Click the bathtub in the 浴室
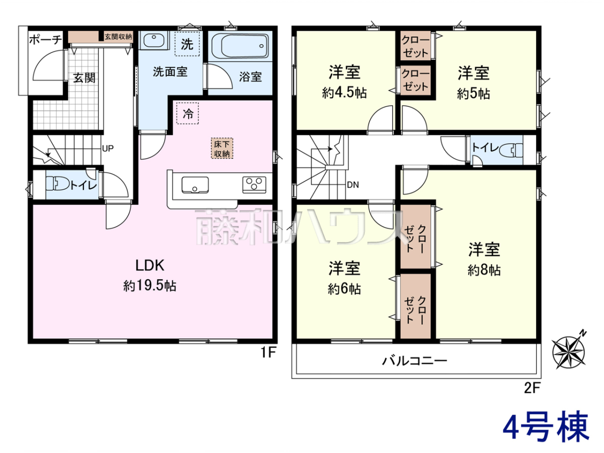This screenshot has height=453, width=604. click(240, 46)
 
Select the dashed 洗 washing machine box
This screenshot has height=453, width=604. click(187, 44)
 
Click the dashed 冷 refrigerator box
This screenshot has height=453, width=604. click(188, 113)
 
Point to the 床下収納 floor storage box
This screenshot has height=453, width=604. click(222, 148)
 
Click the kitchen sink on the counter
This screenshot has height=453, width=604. click(195, 185)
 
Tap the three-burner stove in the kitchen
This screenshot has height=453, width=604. click(254, 184)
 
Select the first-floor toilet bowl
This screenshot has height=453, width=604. click(58, 183)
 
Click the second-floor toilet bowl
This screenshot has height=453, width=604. click(511, 150)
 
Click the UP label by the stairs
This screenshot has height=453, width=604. click(108, 148)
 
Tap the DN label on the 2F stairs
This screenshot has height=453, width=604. click(353, 185)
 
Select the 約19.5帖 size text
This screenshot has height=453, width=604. click(149, 286)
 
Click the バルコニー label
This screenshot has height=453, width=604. click(415, 360)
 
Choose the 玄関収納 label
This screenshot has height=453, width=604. click(118, 37)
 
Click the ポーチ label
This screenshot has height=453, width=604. click(46, 40)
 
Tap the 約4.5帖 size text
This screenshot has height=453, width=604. click(344, 93)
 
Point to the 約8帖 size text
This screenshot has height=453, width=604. click(484, 270)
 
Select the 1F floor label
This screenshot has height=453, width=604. click(268, 352)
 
